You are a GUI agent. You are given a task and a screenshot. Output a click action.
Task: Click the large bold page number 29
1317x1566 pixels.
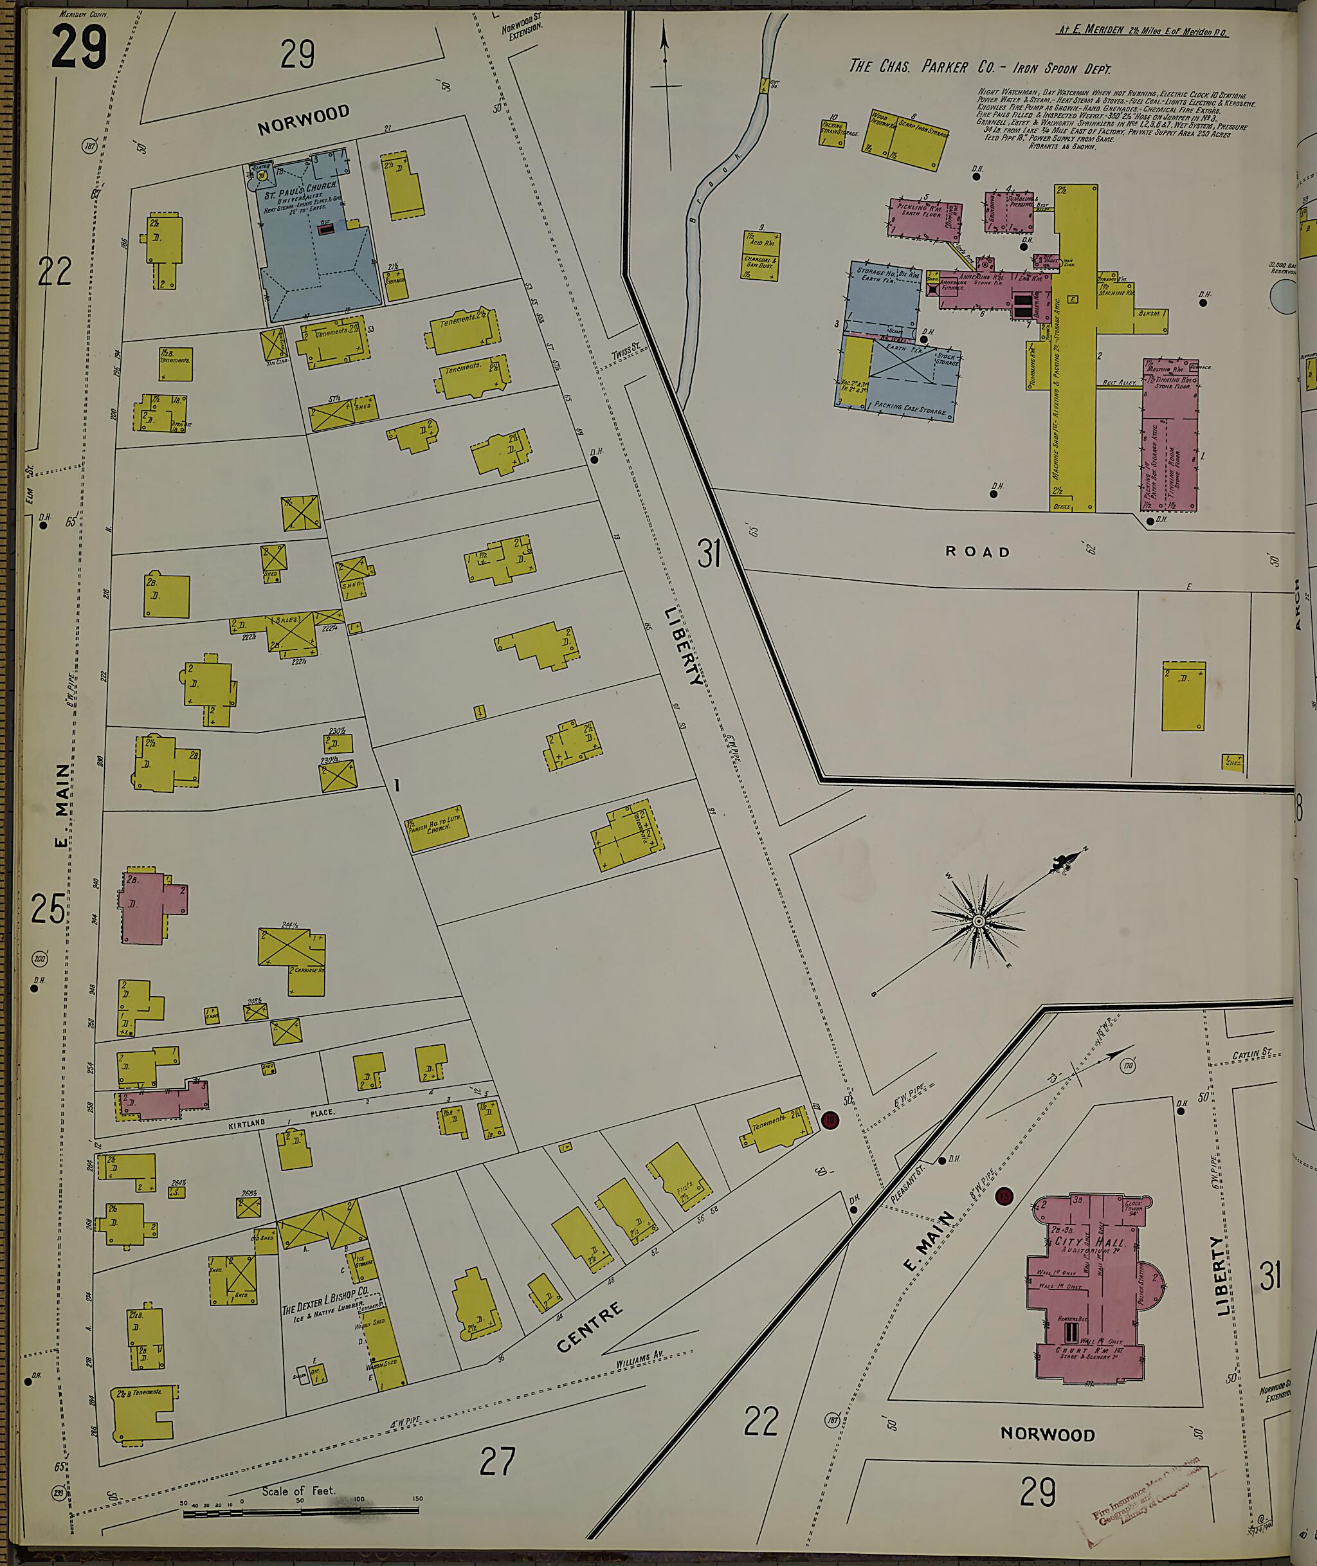[79, 46]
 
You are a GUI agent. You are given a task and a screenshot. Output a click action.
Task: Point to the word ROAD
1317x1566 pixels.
[977, 552]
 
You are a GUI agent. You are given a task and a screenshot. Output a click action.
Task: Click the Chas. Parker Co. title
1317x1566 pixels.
[979, 68]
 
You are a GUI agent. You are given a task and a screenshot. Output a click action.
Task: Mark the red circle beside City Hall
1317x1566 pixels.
[1005, 1196]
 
